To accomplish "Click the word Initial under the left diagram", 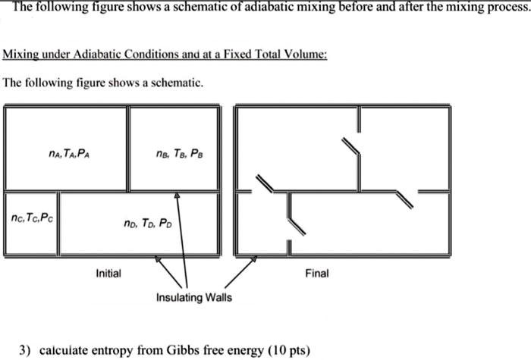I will click(x=108, y=273).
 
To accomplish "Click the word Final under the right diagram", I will click(x=316, y=273).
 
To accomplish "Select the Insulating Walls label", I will click(x=194, y=297).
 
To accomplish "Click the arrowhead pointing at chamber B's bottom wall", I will click(x=178, y=195).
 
